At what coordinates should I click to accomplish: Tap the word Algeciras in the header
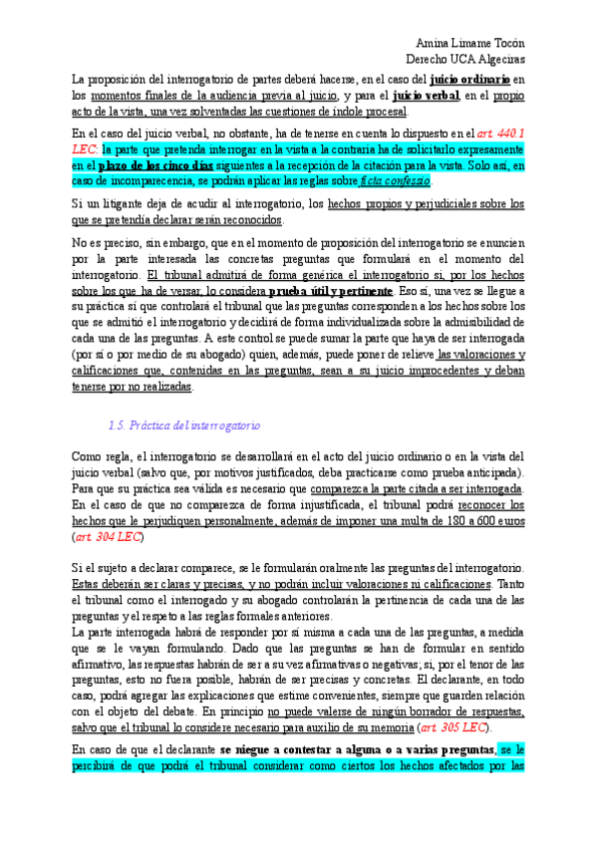[497, 60]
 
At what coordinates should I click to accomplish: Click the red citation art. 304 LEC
[109, 537]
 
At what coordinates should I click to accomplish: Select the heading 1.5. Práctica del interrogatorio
[184, 425]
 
